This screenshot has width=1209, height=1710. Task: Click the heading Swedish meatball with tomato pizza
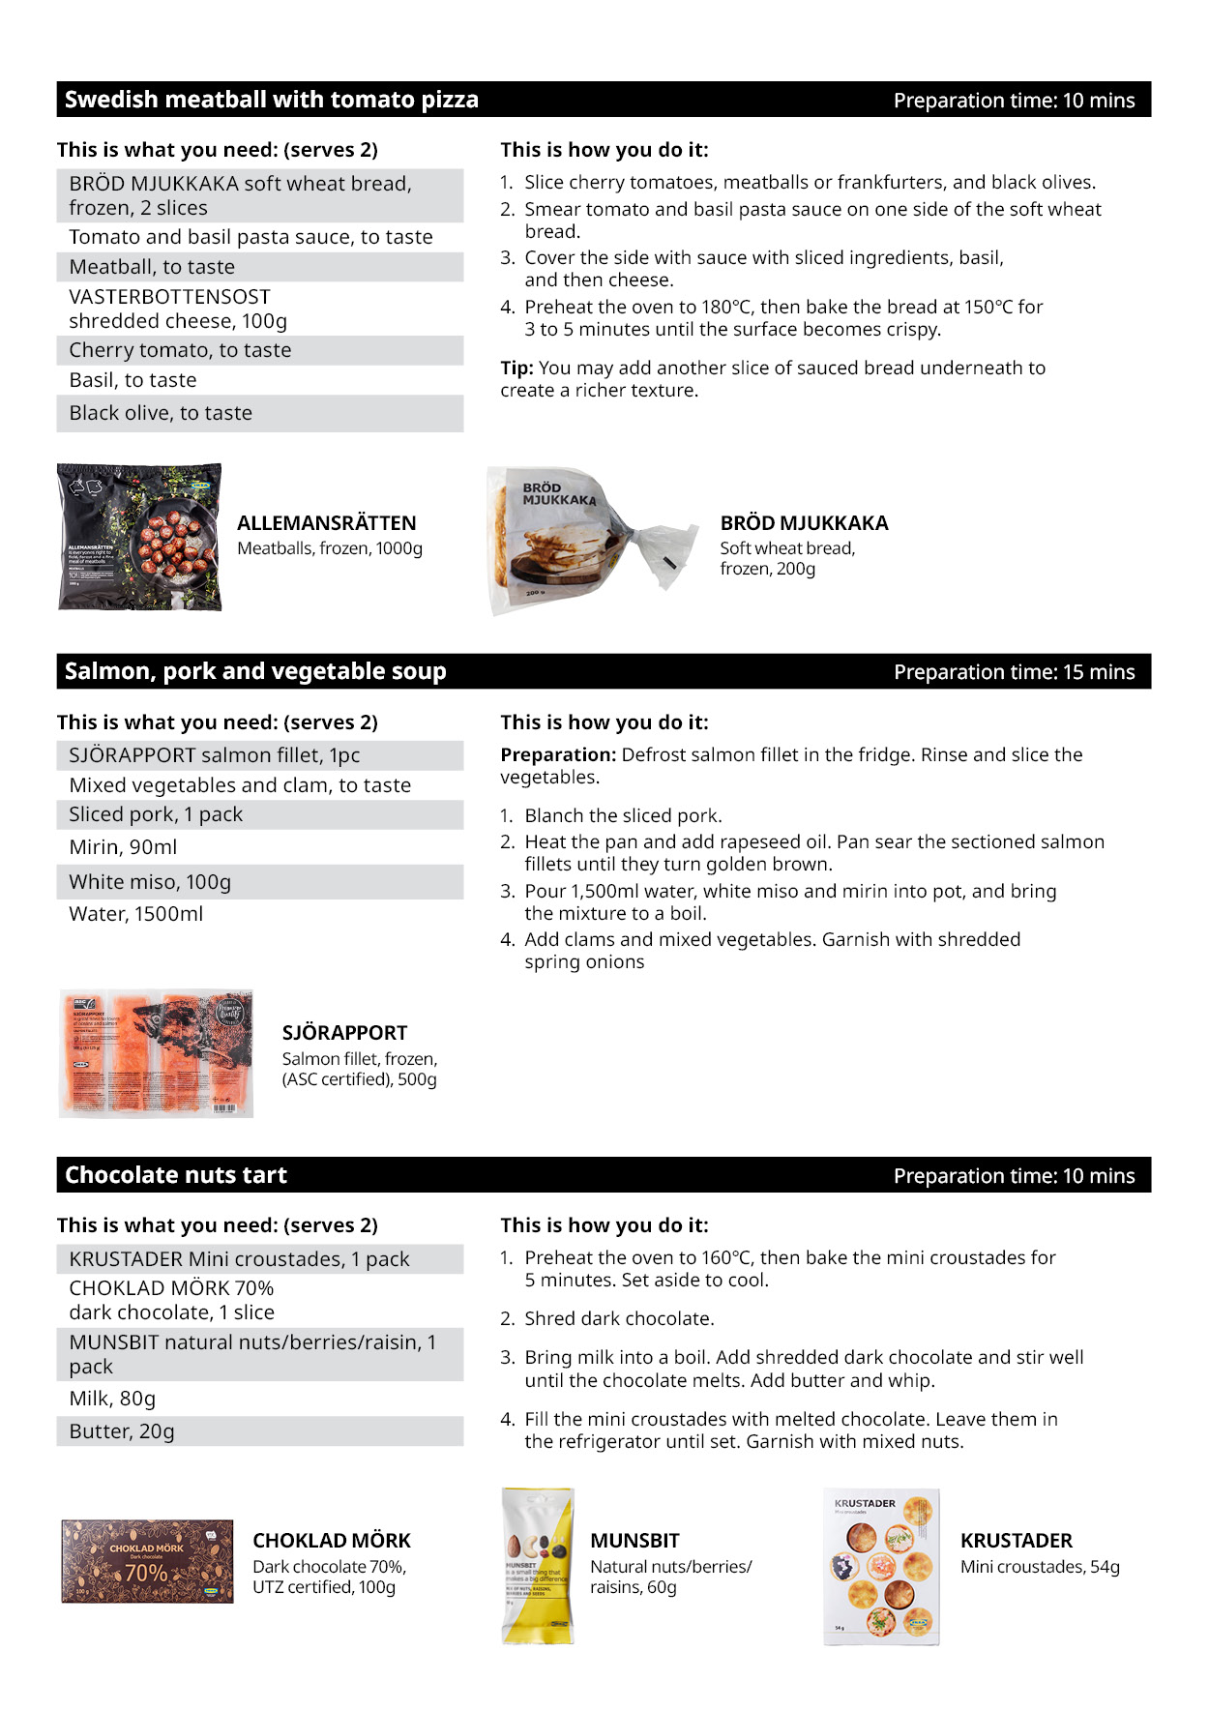tap(271, 100)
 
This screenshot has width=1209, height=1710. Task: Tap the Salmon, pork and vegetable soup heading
tap(255, 671)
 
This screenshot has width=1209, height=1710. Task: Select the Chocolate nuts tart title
tap(176, 1175)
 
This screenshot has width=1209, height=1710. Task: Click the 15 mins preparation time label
tap(1014, 672)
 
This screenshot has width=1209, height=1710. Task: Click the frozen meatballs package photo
tap(140, 538)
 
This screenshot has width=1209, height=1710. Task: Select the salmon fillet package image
tap(156, 1053)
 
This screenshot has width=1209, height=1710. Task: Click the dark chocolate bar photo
tap(147, 1561)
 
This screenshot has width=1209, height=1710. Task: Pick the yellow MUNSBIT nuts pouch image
tap(538, 1566)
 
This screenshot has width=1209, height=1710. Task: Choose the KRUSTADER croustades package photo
tap(881, 1566)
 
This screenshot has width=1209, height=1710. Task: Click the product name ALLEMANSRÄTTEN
tap(327, 523)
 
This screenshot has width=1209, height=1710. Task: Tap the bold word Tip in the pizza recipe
tap(516, 369)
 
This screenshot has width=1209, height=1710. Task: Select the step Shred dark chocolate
tap(619, 1318)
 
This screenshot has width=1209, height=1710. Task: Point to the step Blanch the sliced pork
tap(623, 815)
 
